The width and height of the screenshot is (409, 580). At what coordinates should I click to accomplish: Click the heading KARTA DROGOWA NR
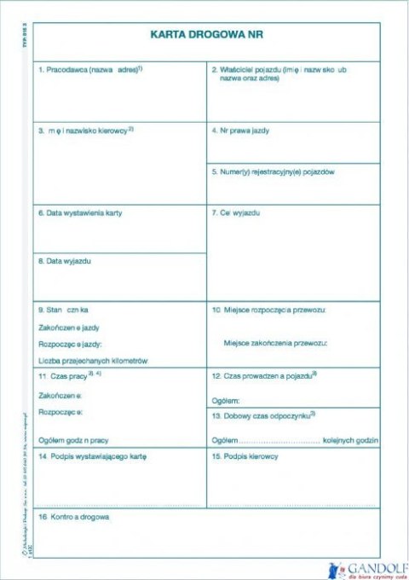click(208, 37)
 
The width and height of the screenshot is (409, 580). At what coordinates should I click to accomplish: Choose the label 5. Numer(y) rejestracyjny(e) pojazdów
click(273, 171)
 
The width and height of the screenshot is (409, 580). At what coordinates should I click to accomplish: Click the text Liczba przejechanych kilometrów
click(93, 361)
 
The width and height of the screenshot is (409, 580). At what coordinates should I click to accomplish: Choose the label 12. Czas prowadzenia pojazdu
click(264, 375)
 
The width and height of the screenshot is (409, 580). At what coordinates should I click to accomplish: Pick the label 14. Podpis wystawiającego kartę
click(93, 456)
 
